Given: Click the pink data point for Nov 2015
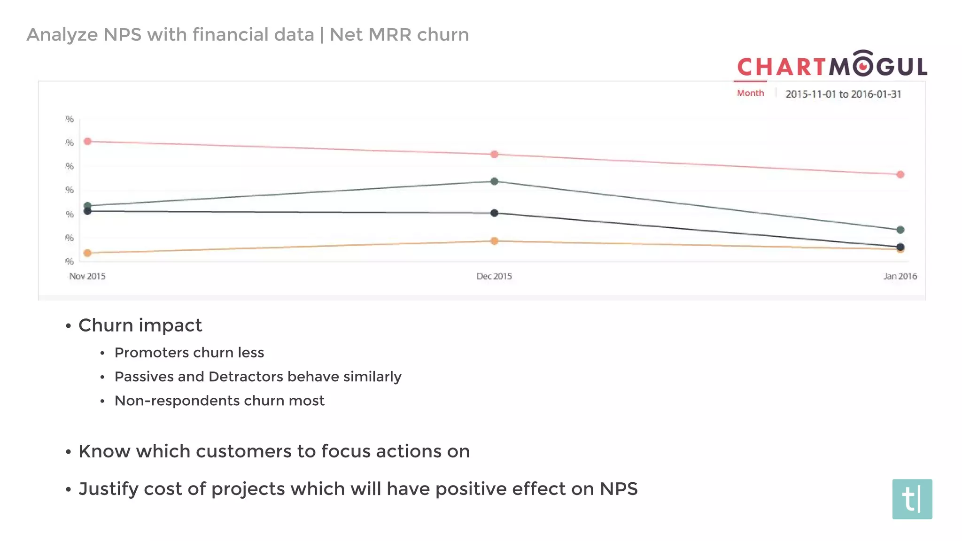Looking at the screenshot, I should (87, 141).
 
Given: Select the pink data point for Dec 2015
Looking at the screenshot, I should (494, 155).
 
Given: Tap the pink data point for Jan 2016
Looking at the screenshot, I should (900, 175).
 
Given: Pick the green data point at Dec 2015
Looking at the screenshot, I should (494, 181).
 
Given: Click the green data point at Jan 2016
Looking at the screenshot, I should (900, 230).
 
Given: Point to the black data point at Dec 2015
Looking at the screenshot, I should (494, 213).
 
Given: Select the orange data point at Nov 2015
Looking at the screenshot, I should (87, 253).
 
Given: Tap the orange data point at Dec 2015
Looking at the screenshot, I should (494, 241).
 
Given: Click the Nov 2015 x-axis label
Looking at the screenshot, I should (87, 276).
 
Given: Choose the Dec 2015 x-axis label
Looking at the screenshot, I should (494, 276).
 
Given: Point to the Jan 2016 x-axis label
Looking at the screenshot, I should (900, 276).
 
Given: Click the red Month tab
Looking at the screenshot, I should (750, 93).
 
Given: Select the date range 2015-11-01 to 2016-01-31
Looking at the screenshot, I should (843, 94).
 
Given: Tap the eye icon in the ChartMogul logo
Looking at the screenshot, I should (863, 66).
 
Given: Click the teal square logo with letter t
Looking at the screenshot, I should (912, 499).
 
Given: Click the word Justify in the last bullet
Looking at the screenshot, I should (109, 489).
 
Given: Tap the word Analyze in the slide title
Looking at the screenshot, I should (62, 35).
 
